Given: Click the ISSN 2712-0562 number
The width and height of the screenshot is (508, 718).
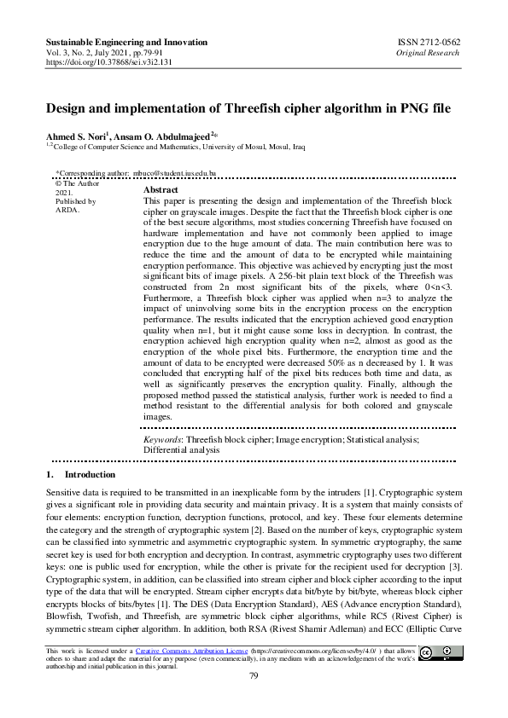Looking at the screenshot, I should point(431,42).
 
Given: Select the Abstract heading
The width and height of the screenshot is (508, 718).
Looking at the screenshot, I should point(161,190).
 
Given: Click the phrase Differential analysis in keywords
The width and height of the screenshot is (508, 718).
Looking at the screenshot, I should point(181,449).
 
